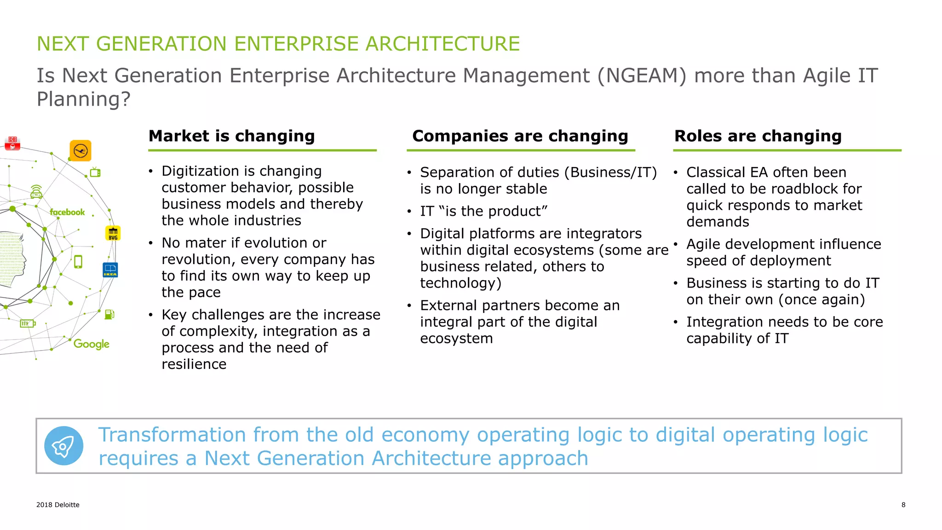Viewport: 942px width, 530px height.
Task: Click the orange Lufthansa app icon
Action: [x=80, y=150]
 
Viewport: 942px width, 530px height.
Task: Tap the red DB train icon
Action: [x=12, y=143]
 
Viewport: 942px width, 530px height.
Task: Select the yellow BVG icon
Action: [x=113, y=233]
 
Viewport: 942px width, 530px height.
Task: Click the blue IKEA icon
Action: [x=110, y=270]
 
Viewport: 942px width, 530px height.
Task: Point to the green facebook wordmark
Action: [x=68, y=212]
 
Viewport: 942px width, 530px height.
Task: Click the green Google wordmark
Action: [x=92, y=344]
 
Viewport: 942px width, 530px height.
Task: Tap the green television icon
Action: [x=95, y=173]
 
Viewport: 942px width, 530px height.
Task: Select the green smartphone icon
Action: [x=78, y=262]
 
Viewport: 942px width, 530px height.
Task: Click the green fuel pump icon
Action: [x=109, y=314]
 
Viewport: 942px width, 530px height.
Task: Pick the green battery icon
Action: [x=28, y=323]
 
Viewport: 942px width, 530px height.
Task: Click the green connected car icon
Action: [x=36, y=192]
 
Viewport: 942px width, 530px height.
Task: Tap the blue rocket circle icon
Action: [x=64, y=446]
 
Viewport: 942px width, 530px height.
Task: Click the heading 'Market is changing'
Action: [x=231, y=136]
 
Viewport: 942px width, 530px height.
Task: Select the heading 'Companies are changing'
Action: [x=520, y=136]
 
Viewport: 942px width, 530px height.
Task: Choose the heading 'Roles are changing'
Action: [x=758, y=136]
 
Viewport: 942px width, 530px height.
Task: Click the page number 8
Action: [x=903, y=505]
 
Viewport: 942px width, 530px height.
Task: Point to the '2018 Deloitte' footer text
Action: [x=58, y=505]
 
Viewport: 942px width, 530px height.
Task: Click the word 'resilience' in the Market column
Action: [x=194, y=364]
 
